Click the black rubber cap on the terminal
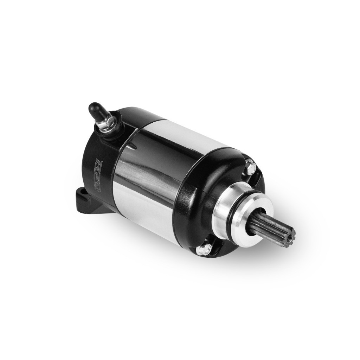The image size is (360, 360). click(x=95, y=109)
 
